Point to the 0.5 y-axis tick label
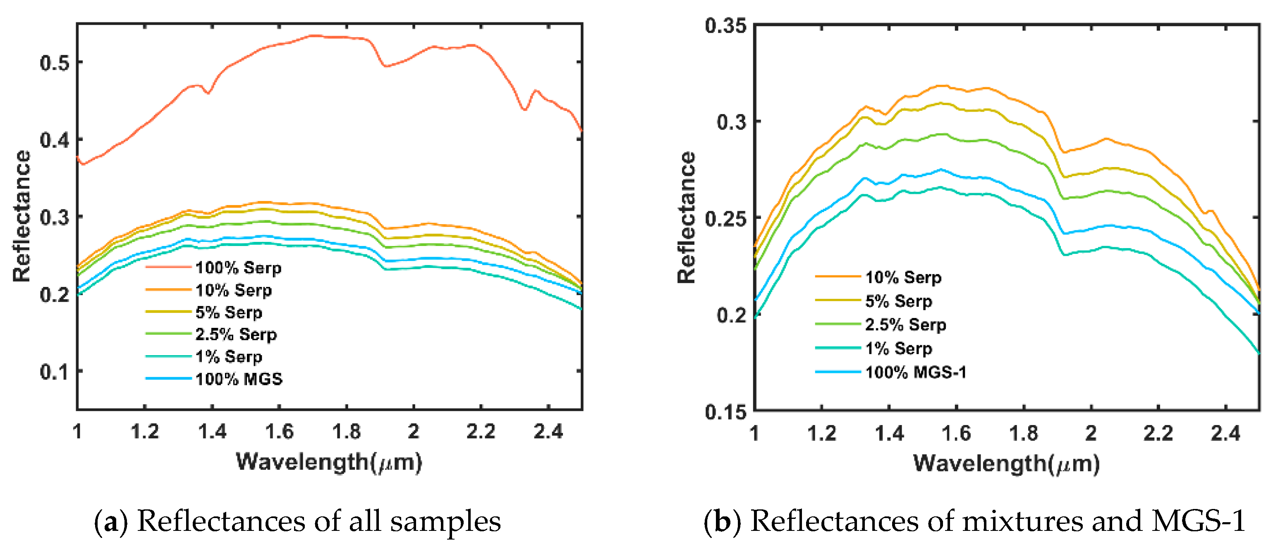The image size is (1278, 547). coord(54,63)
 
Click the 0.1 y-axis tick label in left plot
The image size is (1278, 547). coord(54,371)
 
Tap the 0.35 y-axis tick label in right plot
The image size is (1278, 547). coord(725,25)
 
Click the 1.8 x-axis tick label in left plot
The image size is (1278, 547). coord(346,432)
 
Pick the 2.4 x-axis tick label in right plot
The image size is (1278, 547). coord(1225,433)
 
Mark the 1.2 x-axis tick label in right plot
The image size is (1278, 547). coord(821,433)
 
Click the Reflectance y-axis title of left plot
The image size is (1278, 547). coord(22,216)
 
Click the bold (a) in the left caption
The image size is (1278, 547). coord(111,522)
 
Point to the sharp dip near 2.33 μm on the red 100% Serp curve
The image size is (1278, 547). coord(524,109)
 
